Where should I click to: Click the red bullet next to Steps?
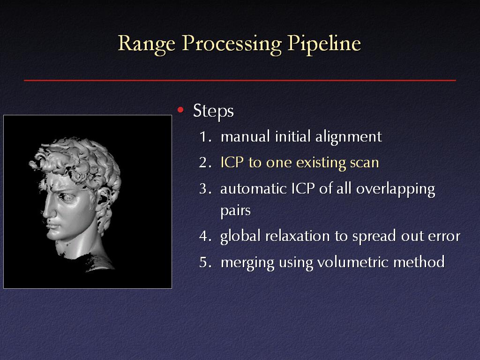tap(180, 110)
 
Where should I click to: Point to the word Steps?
tap(213, 111)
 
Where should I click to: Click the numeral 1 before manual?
tap(203, 136)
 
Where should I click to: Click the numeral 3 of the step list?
tap(203, 188)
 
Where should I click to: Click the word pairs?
tap(235, 211)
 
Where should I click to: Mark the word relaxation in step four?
tap(298, 236)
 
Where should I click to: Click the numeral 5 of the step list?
tap(203, 262)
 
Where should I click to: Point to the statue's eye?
tap(67, 197)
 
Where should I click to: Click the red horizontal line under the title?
tap(240, 81)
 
